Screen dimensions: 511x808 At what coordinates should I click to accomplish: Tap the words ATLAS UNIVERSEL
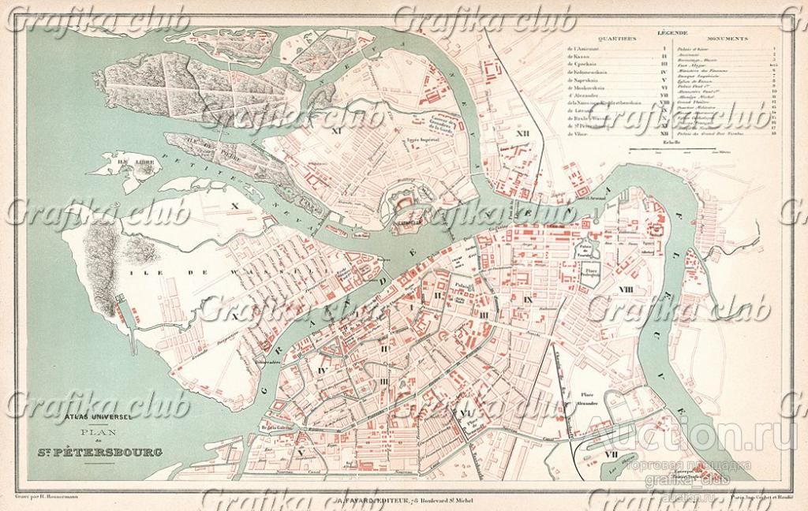tap(99, 418)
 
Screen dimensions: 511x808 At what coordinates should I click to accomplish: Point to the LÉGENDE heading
tap(672, 32)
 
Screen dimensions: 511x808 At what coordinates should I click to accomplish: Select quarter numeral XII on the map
tap(522, 134)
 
